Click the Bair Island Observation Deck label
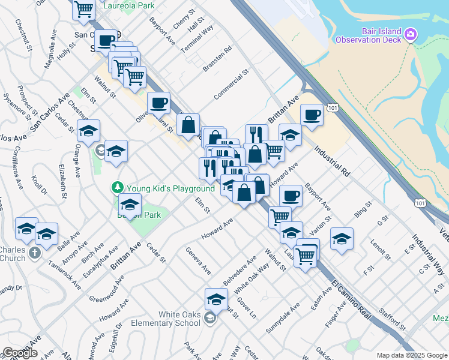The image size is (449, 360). pos(376,35)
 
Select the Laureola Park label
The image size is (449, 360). pos(128,5)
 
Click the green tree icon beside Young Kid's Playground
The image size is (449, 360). pos(118,188)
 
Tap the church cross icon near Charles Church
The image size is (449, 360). pos(35,252)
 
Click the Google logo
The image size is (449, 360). pos(19,353)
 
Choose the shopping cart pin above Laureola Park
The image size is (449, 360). pos(84,8)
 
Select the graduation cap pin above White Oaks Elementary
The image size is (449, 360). pos(216,298)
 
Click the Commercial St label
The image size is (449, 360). pos(231,85)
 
